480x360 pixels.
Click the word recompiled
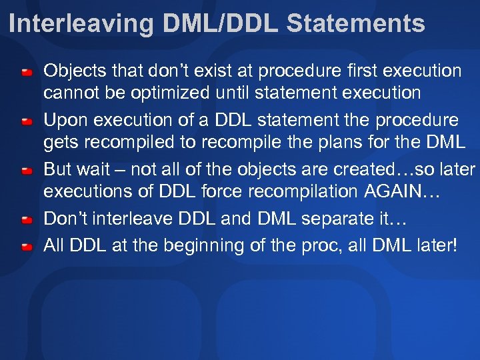pyautogui.click(x=127, y=142)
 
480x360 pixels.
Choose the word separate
pyautogui.click(x=347, y=219)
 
